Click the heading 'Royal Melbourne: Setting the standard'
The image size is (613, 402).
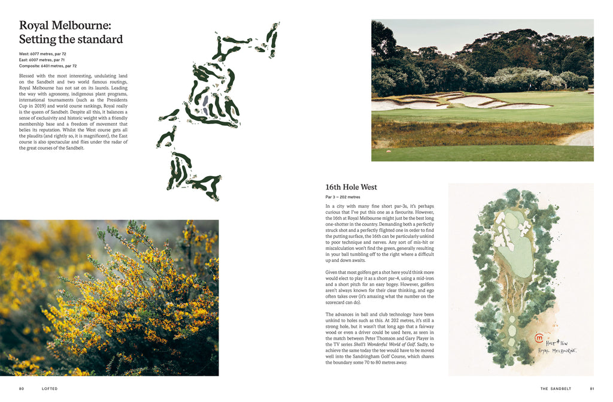[71, 32]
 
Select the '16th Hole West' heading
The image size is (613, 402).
[351, 188]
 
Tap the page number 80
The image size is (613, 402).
[22, 388]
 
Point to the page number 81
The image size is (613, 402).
[591, 388]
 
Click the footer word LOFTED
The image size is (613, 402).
[50, 388]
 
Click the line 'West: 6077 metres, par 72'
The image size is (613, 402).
[43, 54]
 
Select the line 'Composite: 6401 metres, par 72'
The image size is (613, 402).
[48, 66]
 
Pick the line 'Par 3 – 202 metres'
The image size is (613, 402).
[343, 197]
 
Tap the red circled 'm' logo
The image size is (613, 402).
[539, 338]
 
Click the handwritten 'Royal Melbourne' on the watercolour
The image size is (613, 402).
[557, 350]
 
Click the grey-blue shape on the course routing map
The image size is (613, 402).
[206, 104]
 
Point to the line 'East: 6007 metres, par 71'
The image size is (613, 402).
[42, 60]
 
